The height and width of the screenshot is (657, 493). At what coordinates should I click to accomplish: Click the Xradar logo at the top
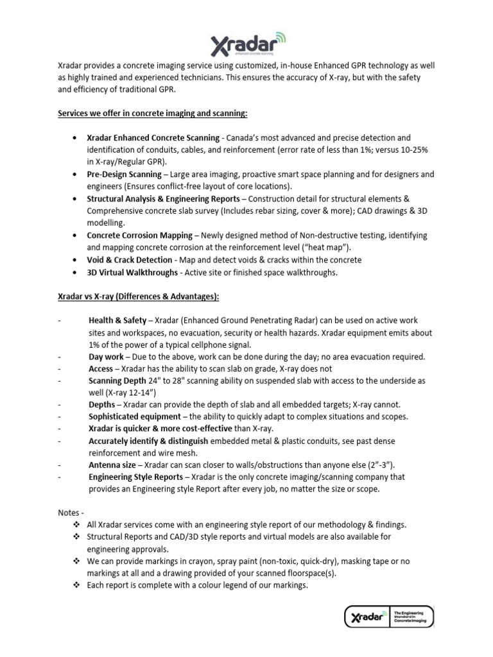click(247, 46)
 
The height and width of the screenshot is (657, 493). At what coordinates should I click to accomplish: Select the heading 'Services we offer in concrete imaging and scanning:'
click(152, 114)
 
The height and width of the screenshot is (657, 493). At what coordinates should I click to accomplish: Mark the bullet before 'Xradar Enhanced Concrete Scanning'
click(76, 138)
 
